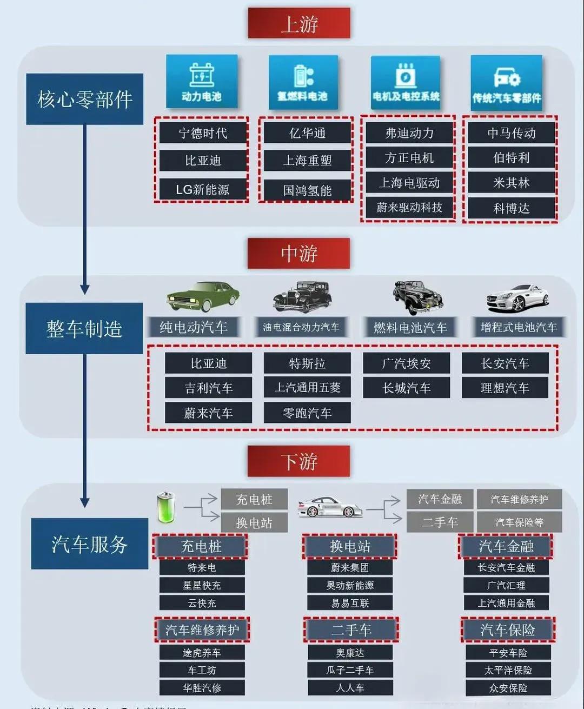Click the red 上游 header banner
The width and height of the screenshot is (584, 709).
click(299, 23)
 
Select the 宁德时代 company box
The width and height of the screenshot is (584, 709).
click(203, 133)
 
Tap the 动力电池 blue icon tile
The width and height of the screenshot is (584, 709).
click(201, 81)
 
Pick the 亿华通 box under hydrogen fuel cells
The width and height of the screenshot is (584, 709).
click(307, 133)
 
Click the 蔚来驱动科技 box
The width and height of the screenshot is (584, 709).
click(409, 208)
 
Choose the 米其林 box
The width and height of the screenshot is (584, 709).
click(511, 183)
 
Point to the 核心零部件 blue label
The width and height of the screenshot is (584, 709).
click(84, 99)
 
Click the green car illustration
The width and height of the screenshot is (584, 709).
click(203, 296)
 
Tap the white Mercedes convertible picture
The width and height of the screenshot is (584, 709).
click(517, 297)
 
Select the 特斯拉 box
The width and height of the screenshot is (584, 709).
click(307, 363)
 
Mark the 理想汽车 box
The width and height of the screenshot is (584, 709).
click(505, 388)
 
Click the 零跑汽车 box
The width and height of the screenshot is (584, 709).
click(307, 413)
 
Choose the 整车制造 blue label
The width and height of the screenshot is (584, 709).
click(84, 328)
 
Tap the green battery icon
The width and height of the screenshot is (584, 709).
click(166, 507)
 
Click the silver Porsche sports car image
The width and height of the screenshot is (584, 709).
click(330, 507)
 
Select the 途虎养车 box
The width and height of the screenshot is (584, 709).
click(202, 653)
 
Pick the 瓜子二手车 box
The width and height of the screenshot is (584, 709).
click(350, 670)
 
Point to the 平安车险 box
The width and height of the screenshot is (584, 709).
click(508, 653)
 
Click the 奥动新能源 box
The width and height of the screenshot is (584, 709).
click(350, 585)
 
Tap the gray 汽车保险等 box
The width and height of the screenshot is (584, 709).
click(519, 522)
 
